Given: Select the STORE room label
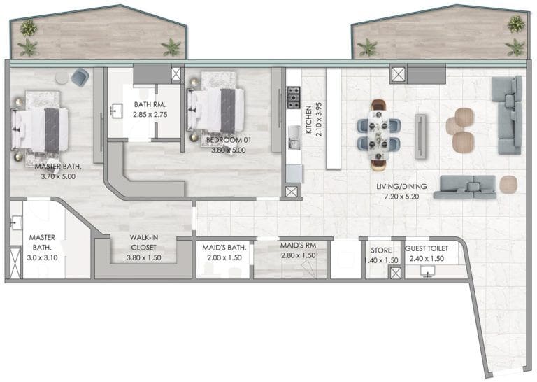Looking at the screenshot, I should click(382, 250).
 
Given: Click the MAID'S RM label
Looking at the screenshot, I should click(298, 246).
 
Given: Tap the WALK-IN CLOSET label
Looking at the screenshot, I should click(143, 242).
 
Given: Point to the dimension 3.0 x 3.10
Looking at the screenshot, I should click(41, 258).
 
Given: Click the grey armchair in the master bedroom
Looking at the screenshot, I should click(80, 77).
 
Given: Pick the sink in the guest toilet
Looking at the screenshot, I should click(428, 270).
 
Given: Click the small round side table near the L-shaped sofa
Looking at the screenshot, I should click(508, 183).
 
